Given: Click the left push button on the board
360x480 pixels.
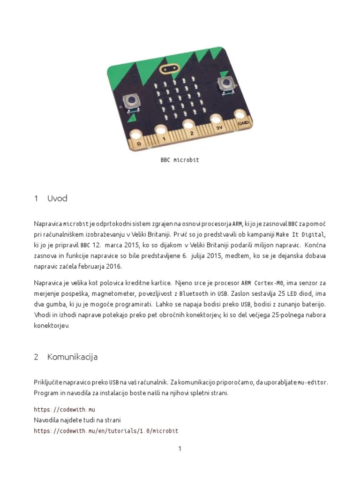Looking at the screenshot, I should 131,101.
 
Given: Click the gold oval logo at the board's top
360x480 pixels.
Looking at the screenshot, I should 171,70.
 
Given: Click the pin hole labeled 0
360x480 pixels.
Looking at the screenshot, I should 135,135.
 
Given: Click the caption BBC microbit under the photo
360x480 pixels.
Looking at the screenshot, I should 180,160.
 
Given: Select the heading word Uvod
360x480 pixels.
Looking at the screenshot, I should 57,198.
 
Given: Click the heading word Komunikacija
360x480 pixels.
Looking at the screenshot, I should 72,357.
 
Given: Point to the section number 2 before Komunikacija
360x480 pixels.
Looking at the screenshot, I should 36,357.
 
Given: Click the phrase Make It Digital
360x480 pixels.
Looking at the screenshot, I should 300,234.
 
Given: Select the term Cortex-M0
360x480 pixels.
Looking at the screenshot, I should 270,283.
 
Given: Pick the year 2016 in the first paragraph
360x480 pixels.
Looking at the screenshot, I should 113,266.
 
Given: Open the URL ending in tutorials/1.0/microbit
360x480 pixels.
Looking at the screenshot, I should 106,431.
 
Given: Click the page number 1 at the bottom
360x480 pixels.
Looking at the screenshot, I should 180,449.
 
